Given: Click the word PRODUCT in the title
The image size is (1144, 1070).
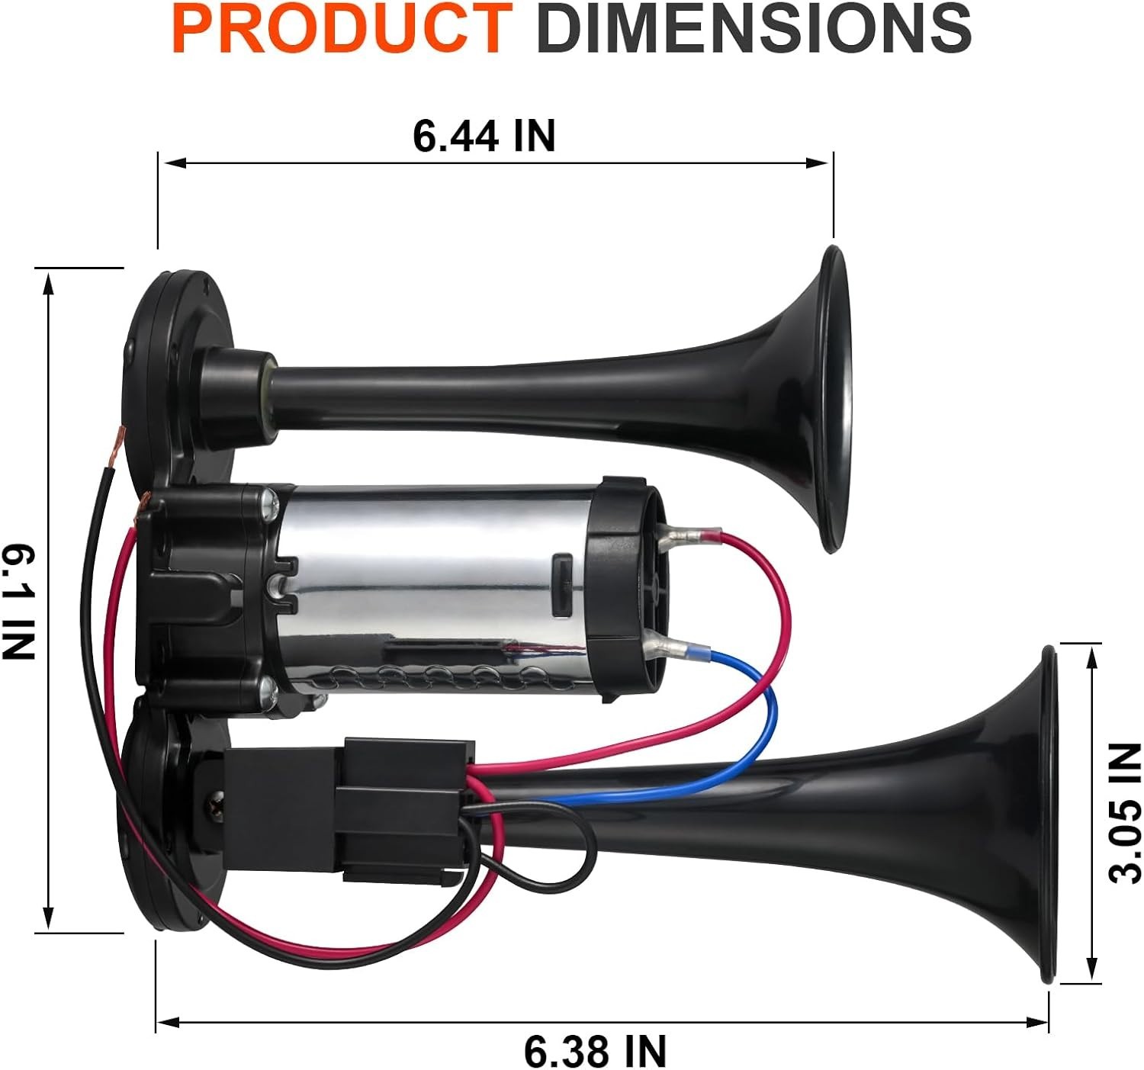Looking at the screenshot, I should click(342, 28).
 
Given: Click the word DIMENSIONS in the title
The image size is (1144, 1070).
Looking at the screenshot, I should click(754, 28).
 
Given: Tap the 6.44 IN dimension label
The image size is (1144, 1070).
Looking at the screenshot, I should click(484, 136).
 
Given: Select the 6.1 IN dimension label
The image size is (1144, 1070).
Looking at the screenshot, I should click(18, 601).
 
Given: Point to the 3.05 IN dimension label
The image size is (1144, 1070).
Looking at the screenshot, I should click(1125, 813).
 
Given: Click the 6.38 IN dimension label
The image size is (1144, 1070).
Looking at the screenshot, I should click(595, 1051).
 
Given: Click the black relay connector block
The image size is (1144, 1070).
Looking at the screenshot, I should click(397, 808).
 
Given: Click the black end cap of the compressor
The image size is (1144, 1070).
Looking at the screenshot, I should click(622, 587).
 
